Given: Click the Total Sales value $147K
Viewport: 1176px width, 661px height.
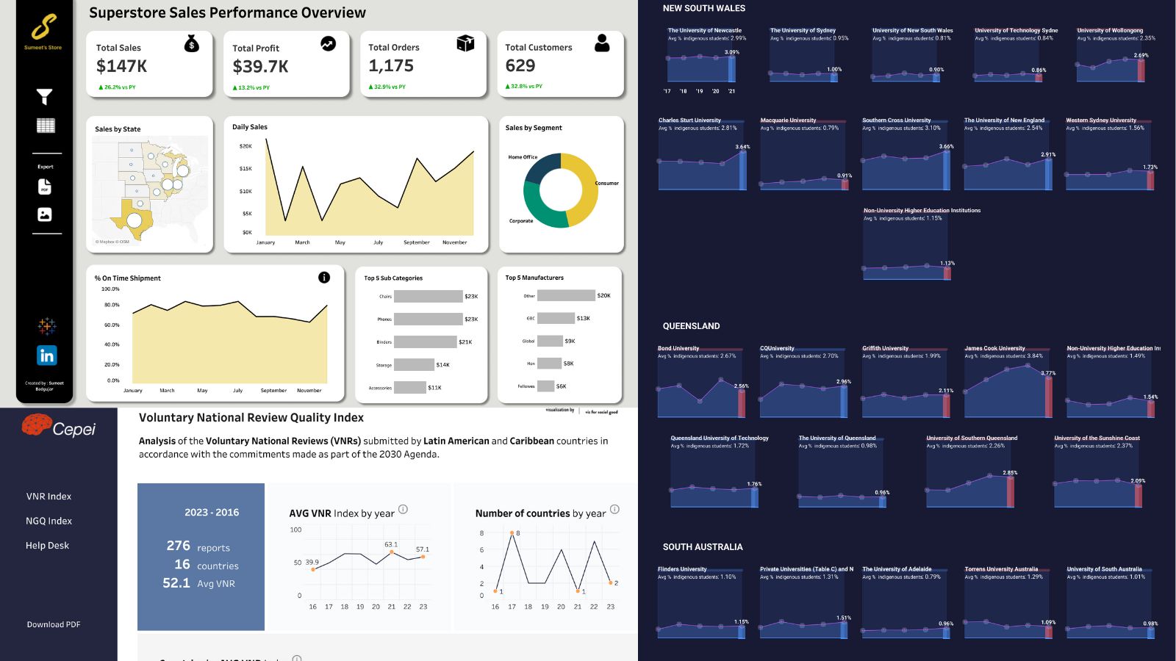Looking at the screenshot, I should click(121, 66).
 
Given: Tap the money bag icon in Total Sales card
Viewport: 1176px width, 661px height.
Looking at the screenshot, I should click(191, 44).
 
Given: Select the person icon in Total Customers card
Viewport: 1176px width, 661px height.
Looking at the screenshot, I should click(602, 43).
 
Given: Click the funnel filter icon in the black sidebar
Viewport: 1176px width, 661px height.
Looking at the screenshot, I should click(45, 96).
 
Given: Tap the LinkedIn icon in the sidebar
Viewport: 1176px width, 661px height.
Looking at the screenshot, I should click(46, 355).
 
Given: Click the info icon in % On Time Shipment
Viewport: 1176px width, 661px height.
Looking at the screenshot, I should click(324, 278).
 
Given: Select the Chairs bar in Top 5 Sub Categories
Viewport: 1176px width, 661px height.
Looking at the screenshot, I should click(428, 297).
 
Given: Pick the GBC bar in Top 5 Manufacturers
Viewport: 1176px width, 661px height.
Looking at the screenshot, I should click(556, 318).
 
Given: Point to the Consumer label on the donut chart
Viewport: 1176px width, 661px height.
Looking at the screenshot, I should click(606, 184).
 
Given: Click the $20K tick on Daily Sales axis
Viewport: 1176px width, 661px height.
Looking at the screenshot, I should click(245, 146).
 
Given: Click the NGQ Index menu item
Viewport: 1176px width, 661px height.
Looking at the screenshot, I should click(49, 521).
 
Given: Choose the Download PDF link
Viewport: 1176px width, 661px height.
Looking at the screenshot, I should click(54, 624).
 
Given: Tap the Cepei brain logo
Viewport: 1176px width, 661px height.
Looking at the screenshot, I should click(36, 424).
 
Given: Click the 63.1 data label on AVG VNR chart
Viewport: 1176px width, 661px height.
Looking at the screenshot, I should click(391, 544).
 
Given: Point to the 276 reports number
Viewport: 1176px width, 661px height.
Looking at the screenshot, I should click(179, 546).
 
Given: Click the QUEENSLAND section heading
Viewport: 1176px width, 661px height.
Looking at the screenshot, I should click(691, 326).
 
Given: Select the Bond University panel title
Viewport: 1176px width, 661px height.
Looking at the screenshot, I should click(678, 348).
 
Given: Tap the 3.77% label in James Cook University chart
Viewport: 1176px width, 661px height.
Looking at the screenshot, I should click(1048, 373).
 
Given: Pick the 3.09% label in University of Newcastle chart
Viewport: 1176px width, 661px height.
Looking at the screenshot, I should click(731, 52).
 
